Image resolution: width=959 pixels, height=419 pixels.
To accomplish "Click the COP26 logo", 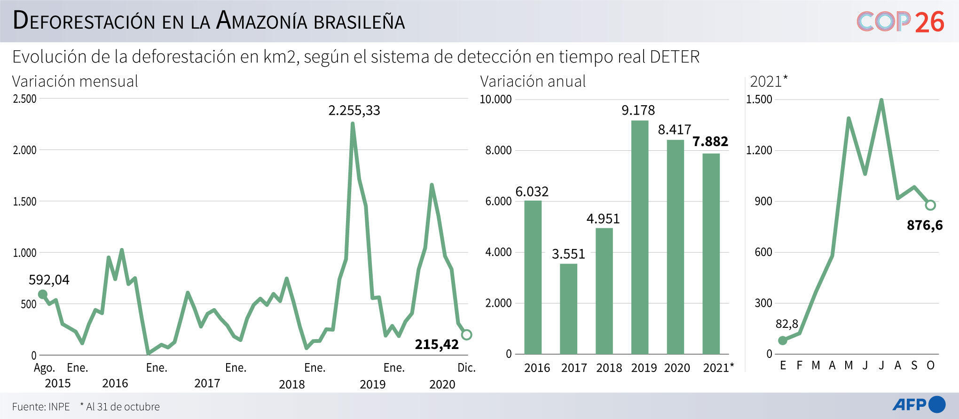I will (x=900, y=22).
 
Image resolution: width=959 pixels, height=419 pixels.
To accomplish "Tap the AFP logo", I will (x=919, y=404).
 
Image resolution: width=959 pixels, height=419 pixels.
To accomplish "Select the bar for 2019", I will (x=639, y=237).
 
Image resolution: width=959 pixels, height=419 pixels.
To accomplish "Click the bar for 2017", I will (x=568, y=309).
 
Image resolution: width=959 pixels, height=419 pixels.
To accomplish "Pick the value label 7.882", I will (x=710, y=141).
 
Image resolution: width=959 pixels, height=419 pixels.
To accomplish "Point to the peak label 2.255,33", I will (x=354, y=110).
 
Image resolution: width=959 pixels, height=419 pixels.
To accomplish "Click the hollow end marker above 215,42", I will (x=466, y=334).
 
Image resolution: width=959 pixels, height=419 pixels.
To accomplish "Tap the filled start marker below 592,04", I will (x=42, y=295).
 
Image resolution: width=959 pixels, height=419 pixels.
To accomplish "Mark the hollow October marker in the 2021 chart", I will (x=930, y=205).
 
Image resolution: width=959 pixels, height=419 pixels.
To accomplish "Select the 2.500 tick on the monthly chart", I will (x=24, y=99).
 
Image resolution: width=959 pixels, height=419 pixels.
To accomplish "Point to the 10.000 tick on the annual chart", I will (x=495, y=99).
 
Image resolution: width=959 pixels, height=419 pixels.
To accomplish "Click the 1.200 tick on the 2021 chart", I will (x=759, y=150).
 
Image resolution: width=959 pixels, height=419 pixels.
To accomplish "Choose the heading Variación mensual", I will (x=75, y=81).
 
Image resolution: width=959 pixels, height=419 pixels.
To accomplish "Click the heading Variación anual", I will (x=533, y=81).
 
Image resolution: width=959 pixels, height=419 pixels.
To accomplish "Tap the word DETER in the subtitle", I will (x=675, y=57).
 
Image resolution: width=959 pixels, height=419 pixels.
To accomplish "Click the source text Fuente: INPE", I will (x=41, y=406).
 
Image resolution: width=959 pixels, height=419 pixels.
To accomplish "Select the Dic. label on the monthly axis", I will (x=466, y=367).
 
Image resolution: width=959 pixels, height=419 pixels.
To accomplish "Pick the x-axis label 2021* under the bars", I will (x=718, y=367).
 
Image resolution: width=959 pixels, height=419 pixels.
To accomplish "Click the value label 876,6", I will (x=924, y=225).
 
